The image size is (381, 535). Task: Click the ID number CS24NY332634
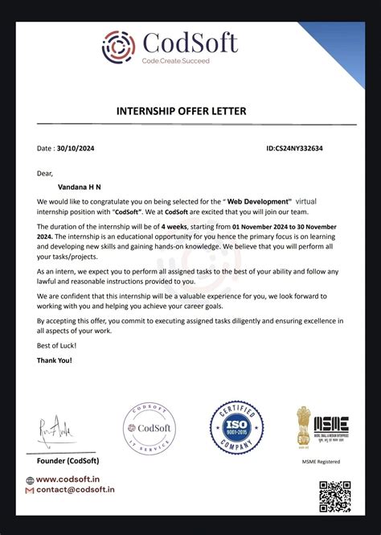(317, 149)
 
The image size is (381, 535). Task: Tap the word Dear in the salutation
(45, 171)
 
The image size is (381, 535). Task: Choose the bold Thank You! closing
(55, 360)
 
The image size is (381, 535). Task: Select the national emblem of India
(303, 424)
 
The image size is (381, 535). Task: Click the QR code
(334, 496)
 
